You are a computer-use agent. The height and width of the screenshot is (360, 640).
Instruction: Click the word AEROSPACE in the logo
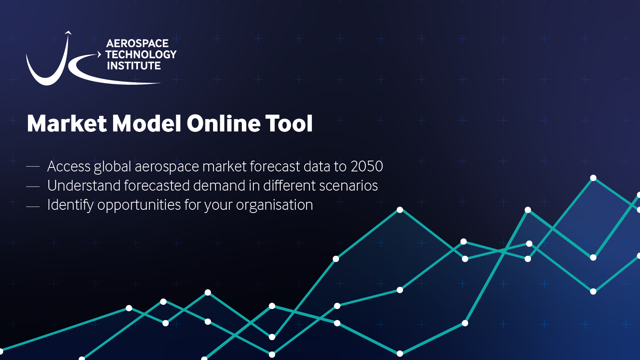[x=137, y=44]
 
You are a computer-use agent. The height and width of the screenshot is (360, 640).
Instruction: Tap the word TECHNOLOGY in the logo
[x=141, y=54]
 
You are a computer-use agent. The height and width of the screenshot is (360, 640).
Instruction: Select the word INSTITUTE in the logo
[x=134, y=66]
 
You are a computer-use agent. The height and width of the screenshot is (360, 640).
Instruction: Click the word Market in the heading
[x=67, y=123]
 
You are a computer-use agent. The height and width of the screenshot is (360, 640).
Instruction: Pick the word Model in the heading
[x=147, y=123]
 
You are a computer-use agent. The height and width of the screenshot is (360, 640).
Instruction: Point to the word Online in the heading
[x=223, y=123]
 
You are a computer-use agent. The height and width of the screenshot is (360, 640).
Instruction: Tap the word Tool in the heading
[x=289, y=123]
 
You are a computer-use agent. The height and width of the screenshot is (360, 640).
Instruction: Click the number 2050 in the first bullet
[x=367, y=167]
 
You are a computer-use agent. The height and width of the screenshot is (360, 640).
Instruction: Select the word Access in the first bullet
[x=69, y=167]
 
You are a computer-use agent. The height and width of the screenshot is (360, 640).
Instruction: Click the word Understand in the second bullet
[x=84, y=185]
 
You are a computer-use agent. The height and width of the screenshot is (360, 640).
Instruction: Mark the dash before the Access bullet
[x=33, y=167]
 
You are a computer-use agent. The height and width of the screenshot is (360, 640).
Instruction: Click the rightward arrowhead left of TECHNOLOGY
[x=99, y=54]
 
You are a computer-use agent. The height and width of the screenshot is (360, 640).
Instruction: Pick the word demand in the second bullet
[x=219, y=185]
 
